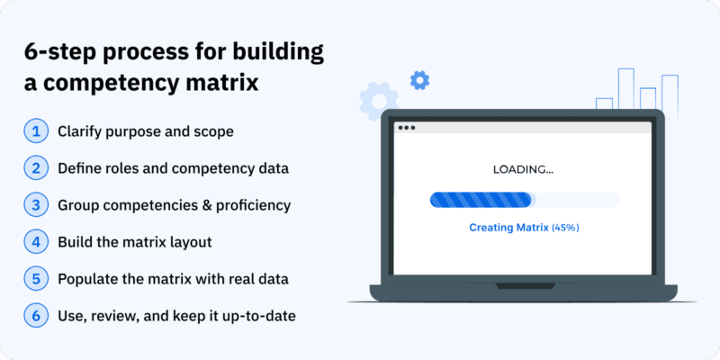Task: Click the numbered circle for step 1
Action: (x=36, y=131)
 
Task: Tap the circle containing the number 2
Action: (x=36, y=168)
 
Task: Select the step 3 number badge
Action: (x=36, y=205)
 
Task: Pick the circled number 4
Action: (x=36, y=242)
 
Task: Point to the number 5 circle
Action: (x=36, y=279)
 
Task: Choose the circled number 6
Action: (x=36, y=316)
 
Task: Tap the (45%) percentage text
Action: (x=565, y=228)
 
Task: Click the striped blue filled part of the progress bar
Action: (x=481, y=200)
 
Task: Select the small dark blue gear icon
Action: (x=419, y=80)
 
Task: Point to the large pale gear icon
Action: (x=379, y=101)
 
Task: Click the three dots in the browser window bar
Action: (x=407, y=128)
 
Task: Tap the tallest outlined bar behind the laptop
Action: (x=625, y=89)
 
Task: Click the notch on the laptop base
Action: (x=524, y=286)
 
